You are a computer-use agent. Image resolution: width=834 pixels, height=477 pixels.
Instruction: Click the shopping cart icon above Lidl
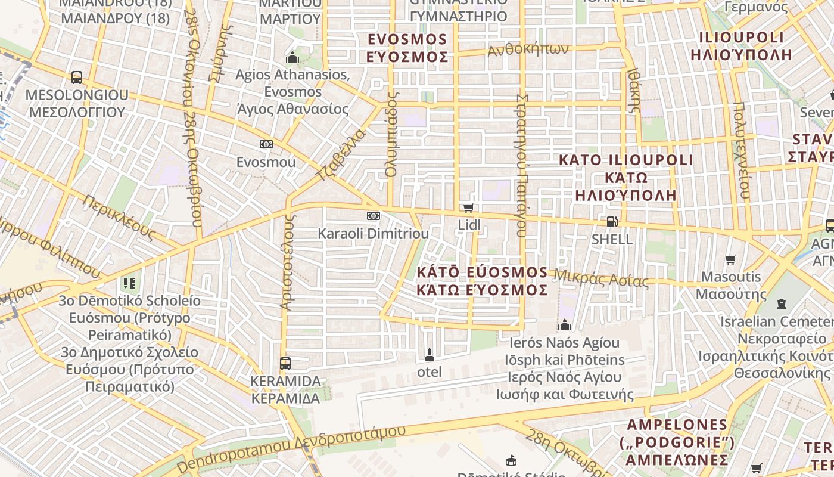pyautogui.click(x=468, y=207)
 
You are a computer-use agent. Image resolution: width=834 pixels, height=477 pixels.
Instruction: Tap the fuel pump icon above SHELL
pyautogui.click(x=611, y=222)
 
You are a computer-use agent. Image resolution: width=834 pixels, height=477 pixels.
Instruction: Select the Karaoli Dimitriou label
pyautogui.click(x=373, y=233)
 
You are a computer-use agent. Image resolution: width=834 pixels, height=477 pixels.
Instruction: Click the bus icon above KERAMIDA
pyautogui.click(x=285, y=363)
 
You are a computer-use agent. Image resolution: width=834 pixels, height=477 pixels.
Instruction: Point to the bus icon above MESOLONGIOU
pyautogui.click(x=77, y=77)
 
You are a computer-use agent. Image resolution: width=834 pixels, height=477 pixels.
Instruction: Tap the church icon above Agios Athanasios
pyautogui.click(x=292, y=58)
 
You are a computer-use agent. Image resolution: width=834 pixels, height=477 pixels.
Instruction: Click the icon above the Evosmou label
pyautogui.click(x=266, y=144)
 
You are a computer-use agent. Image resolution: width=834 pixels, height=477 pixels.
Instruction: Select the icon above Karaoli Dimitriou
pyautogui.click(x=373, y=215)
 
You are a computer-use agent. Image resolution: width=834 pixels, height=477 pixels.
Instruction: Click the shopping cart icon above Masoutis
pyautogui.click(x=731, y=259)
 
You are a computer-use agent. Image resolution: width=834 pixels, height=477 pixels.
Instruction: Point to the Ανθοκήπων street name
pyautogui.click(x=528, y=50)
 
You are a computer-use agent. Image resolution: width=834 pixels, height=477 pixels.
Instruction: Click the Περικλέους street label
pyautogui.click(x=119, y=218)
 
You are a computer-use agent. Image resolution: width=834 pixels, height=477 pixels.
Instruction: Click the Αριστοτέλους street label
pyautogui.click(x=288, y=262)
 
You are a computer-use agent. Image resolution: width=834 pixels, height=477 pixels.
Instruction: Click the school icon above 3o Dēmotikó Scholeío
pyautogui.click(x=129, y=283)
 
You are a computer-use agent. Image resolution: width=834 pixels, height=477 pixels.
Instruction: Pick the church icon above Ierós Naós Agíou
pyautogui.click(x=564, y=325)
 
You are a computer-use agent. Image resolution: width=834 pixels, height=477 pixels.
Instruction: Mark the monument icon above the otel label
pyautogui.click(x=429, y=355)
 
